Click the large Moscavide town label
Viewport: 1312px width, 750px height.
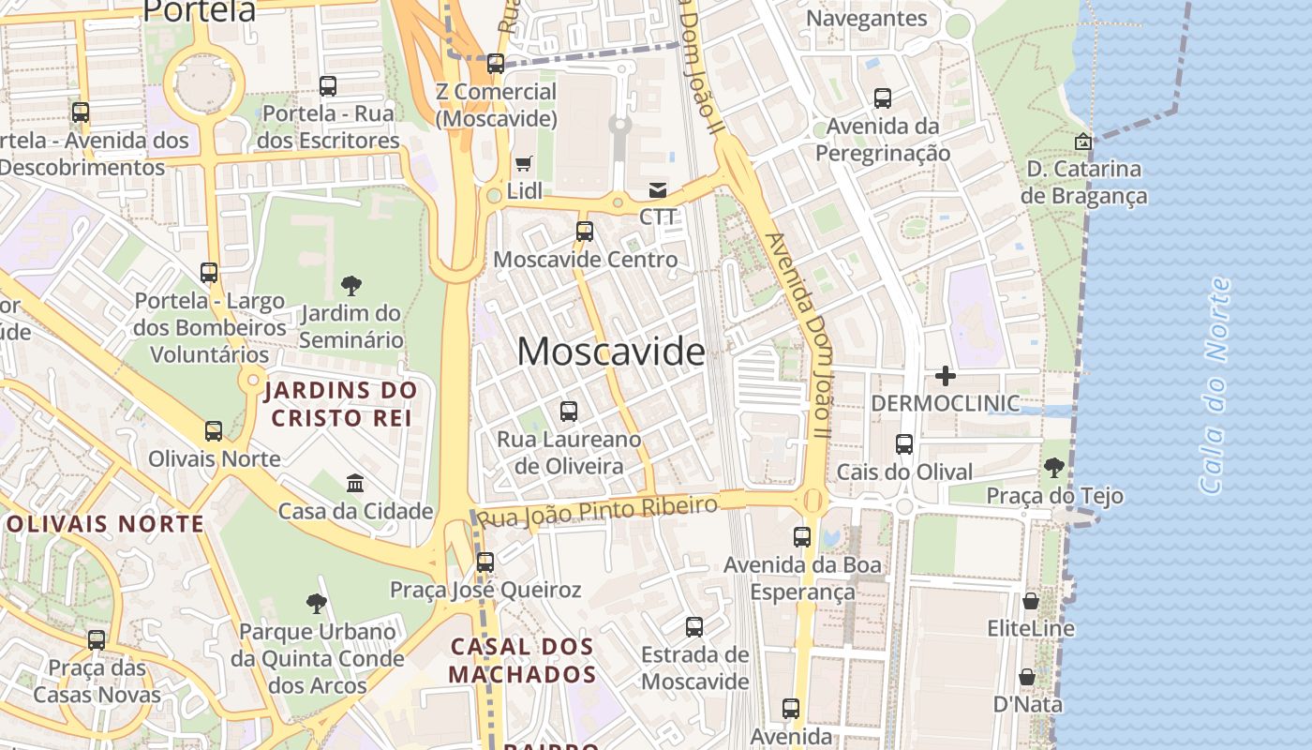(x=610, y=352)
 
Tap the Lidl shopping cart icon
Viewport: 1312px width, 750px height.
(x=524, y=164)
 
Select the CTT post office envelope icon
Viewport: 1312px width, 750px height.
(x=658, y=190)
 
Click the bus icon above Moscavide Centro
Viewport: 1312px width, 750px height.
(x=585, y=231)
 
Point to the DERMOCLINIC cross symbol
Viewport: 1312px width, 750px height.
(x=946, y=376)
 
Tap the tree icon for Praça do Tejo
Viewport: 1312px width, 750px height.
(x=1054, y=467)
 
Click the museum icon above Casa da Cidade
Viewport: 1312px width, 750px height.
(x=355, y=484)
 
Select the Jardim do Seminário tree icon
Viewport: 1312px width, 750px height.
(x=351, y=285)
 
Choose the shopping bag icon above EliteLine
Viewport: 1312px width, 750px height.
(x=1031, y=600)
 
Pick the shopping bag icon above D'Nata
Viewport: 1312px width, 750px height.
(x=1027, y=677)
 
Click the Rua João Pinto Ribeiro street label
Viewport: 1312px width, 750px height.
(x=597, y=511)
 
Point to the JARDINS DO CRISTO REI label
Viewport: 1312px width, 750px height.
(x=340, y=403)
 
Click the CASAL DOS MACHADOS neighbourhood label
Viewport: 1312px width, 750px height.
(x=522, y=660)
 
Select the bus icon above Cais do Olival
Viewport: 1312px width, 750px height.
(x=904, y=444)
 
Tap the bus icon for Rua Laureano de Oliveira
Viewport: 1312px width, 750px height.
(x=569, y=411)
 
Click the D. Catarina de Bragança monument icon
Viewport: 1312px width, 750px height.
(x=1083, y=142)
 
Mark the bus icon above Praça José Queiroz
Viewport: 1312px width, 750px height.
(x=485, y=562)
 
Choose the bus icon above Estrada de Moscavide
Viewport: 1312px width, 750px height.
(x=694, y=627)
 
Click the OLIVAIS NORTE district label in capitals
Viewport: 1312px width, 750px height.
(x=105, y=524)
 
